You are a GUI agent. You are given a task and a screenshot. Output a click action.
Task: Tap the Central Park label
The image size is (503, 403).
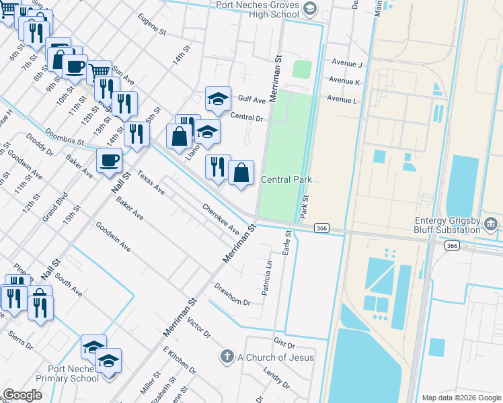(286, 180)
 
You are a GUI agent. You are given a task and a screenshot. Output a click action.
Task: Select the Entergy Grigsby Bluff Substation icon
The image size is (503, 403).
(491, 223)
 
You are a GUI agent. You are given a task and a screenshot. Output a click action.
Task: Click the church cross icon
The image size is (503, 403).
(227, 356)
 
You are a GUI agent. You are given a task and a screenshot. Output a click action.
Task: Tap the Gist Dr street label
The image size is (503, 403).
(285, 343)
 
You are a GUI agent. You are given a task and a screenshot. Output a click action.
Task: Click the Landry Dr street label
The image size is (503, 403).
(276, 379)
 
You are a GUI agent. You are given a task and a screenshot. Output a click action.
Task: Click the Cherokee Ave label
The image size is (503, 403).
(221, 219)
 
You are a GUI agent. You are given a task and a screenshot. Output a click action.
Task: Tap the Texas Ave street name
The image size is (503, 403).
(151, 182)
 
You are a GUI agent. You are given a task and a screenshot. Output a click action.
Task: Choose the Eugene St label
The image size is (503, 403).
(151, 23)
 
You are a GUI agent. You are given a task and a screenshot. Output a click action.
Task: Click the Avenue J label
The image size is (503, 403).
(346, 64)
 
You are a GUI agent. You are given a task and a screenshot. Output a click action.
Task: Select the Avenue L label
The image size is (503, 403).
(342, 99)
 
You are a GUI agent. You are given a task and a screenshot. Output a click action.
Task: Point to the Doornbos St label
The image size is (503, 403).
(62, 137)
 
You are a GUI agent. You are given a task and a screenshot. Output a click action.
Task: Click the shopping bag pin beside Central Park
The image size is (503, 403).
(241, 173)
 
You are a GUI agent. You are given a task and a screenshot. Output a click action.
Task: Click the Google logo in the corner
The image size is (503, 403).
(22, 395)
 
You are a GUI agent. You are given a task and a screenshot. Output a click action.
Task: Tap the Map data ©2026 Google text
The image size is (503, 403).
(461, 398)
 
